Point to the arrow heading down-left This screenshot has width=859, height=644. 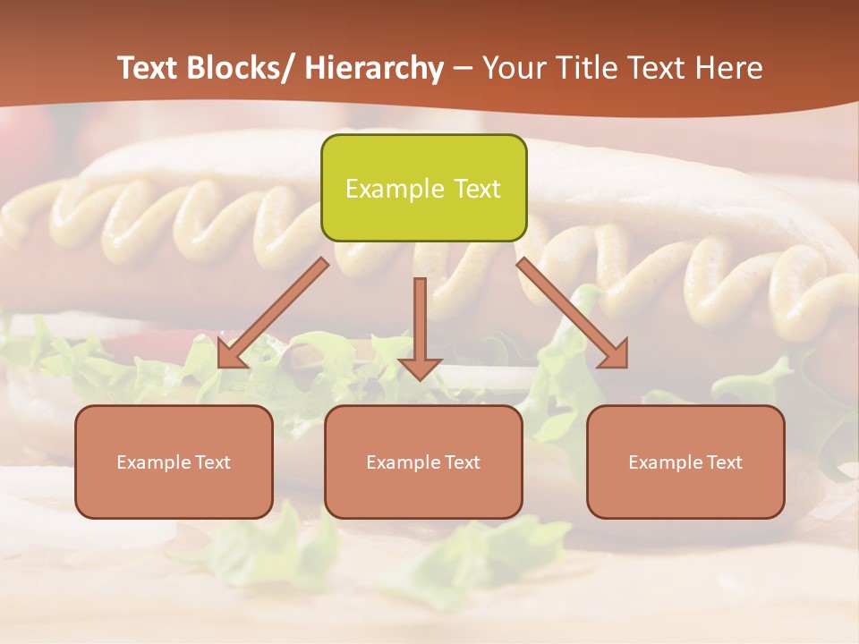click(x=273, y=313)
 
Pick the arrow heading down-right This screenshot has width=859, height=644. click(x=573, y=313)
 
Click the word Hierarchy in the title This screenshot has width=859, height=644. click(x=374, y=68)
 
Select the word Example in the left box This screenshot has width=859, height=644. click(x=153, y=462)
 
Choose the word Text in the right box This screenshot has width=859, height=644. click(x=724, y=462)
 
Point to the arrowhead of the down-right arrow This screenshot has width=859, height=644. click(x=615, y=355)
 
